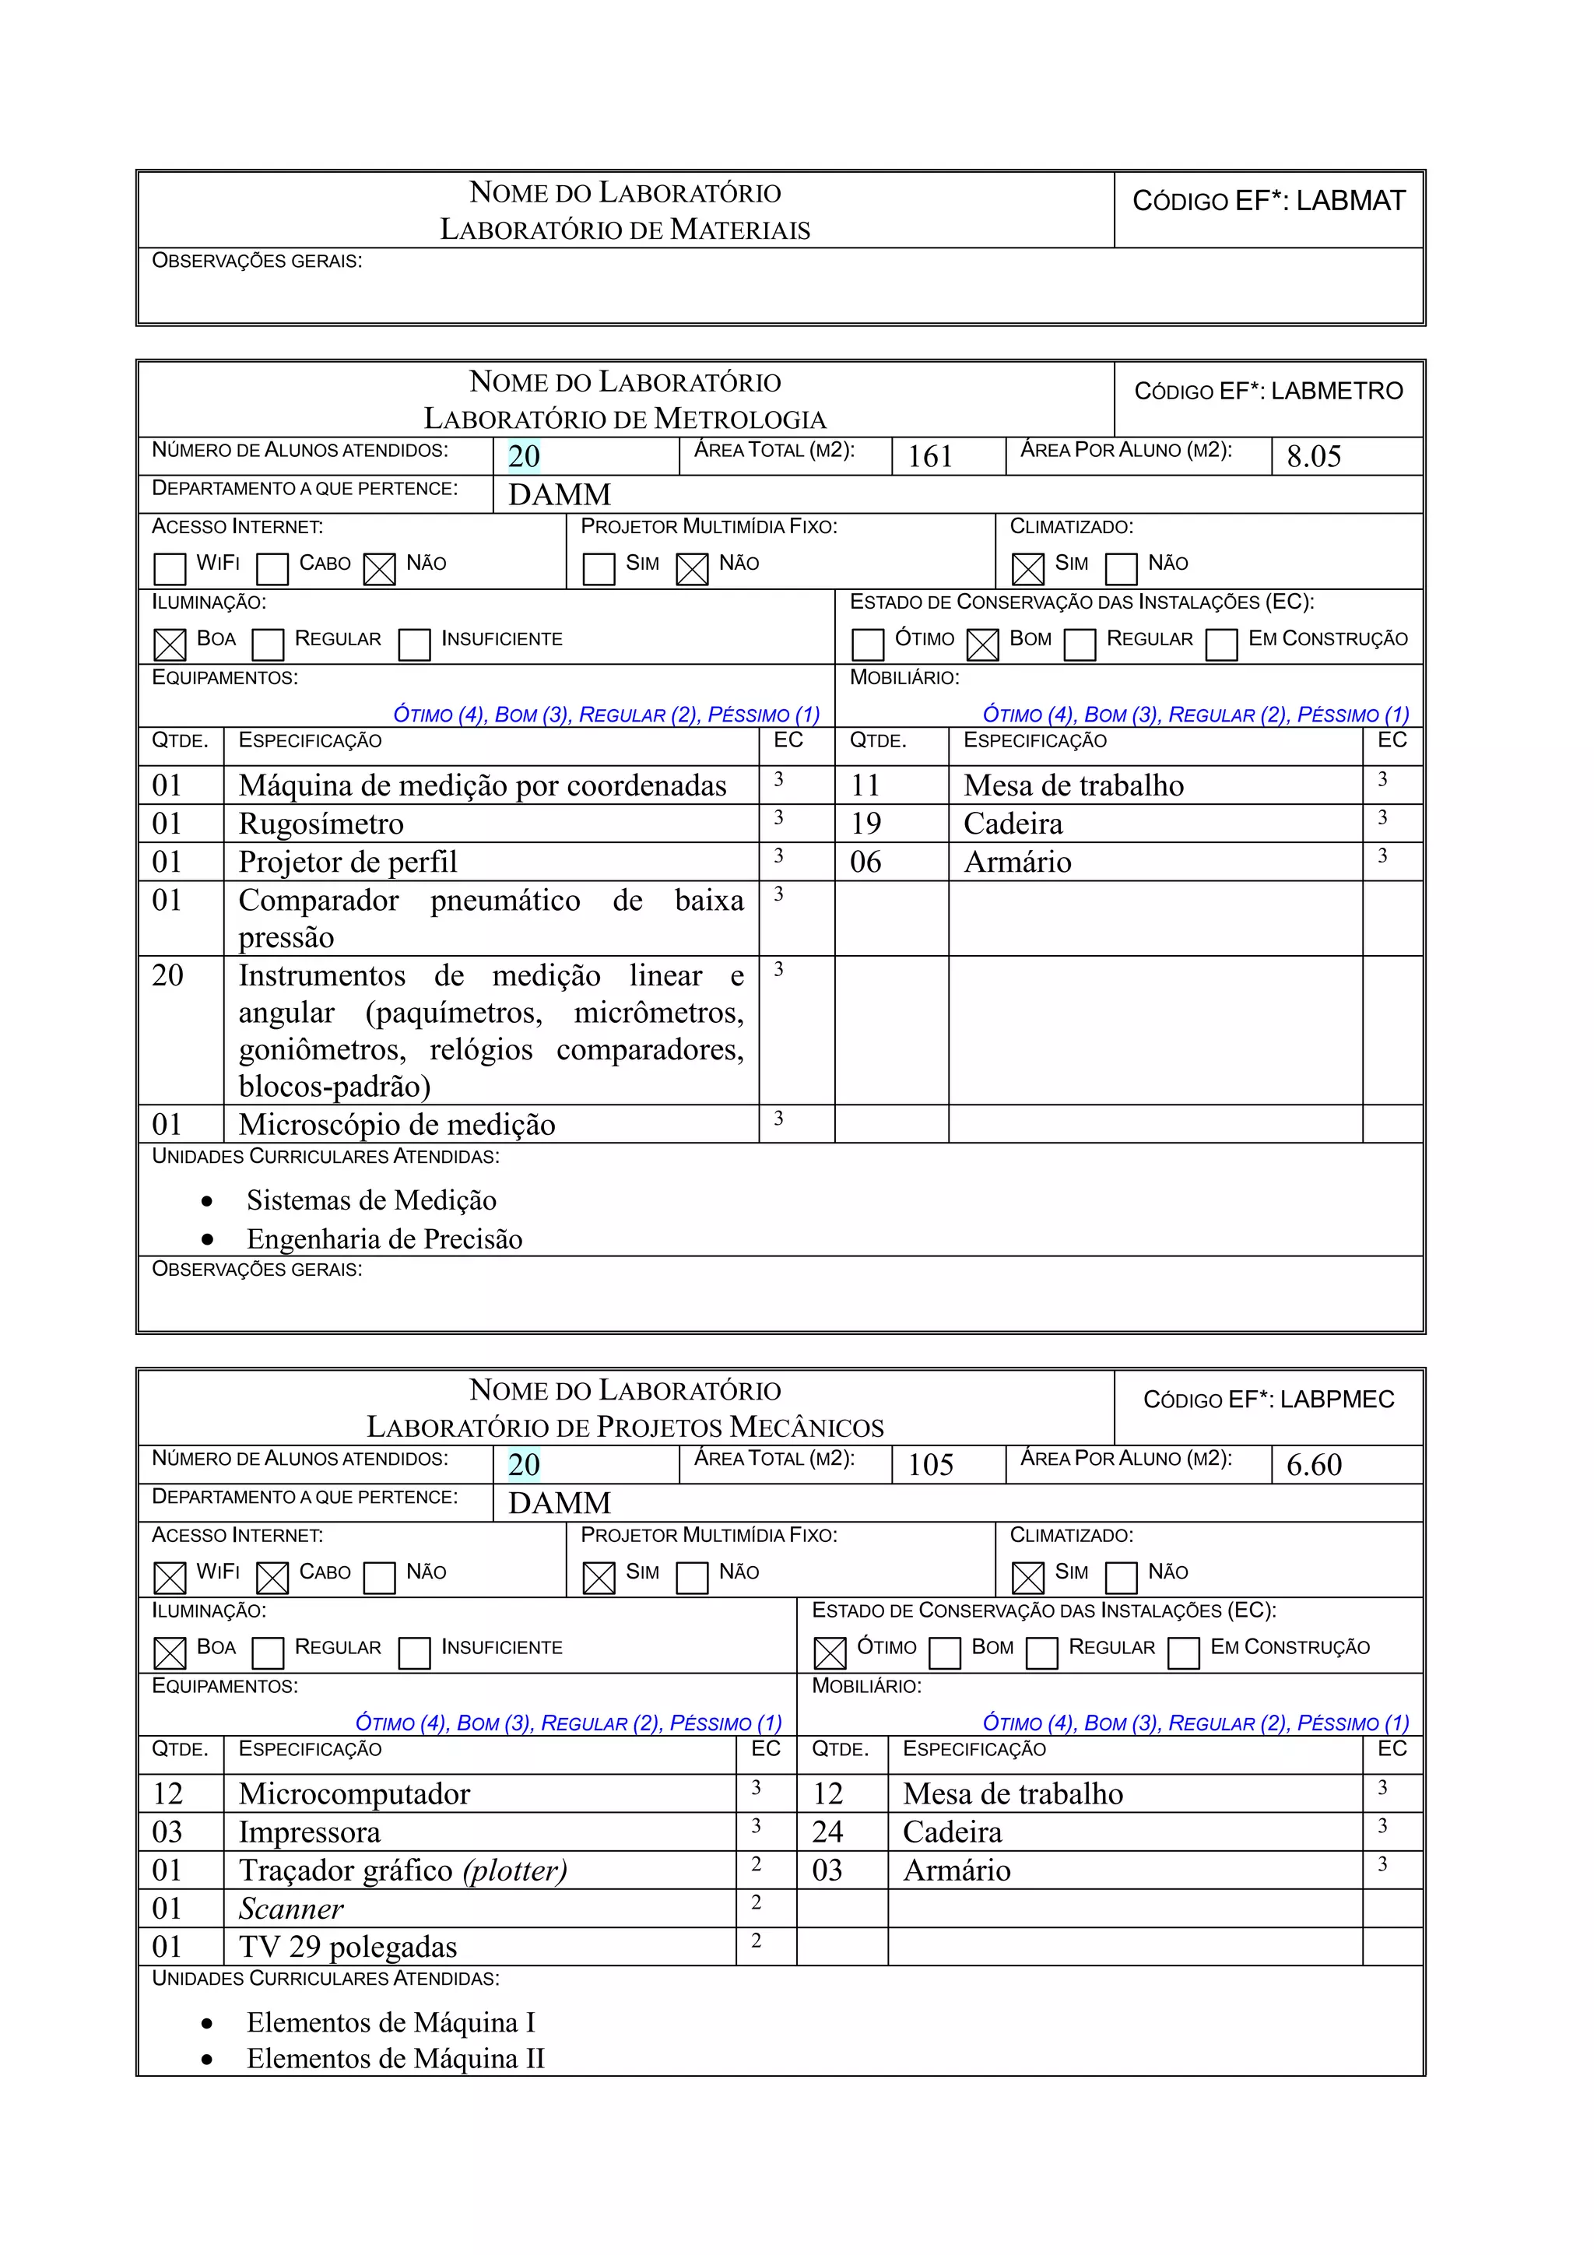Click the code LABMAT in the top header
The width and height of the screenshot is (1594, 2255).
coord(1350,202)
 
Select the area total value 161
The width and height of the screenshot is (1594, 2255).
coord(929,457)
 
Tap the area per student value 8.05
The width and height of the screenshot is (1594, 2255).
coord(1313,457)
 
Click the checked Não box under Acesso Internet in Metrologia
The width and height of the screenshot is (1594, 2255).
coord(379,569)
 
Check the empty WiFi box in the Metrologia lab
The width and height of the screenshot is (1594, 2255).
coord(170,569)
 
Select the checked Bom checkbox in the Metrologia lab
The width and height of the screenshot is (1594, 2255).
coord(982,645)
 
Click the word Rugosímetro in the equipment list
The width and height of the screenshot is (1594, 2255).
coord(321,824)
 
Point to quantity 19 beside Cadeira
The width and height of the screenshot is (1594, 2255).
coord(865,824)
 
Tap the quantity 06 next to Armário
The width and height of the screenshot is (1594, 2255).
coord(865,862)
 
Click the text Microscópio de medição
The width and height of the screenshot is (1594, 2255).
coord(397,1125)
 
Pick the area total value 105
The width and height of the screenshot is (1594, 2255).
coord(929,1466)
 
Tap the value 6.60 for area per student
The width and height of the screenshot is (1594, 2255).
coord(1313,1466)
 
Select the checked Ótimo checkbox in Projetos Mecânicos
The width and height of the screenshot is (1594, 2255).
coord(830,1653)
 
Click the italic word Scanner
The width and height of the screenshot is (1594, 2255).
coord(291,1909)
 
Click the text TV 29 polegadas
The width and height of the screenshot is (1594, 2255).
coord(348,1948)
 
